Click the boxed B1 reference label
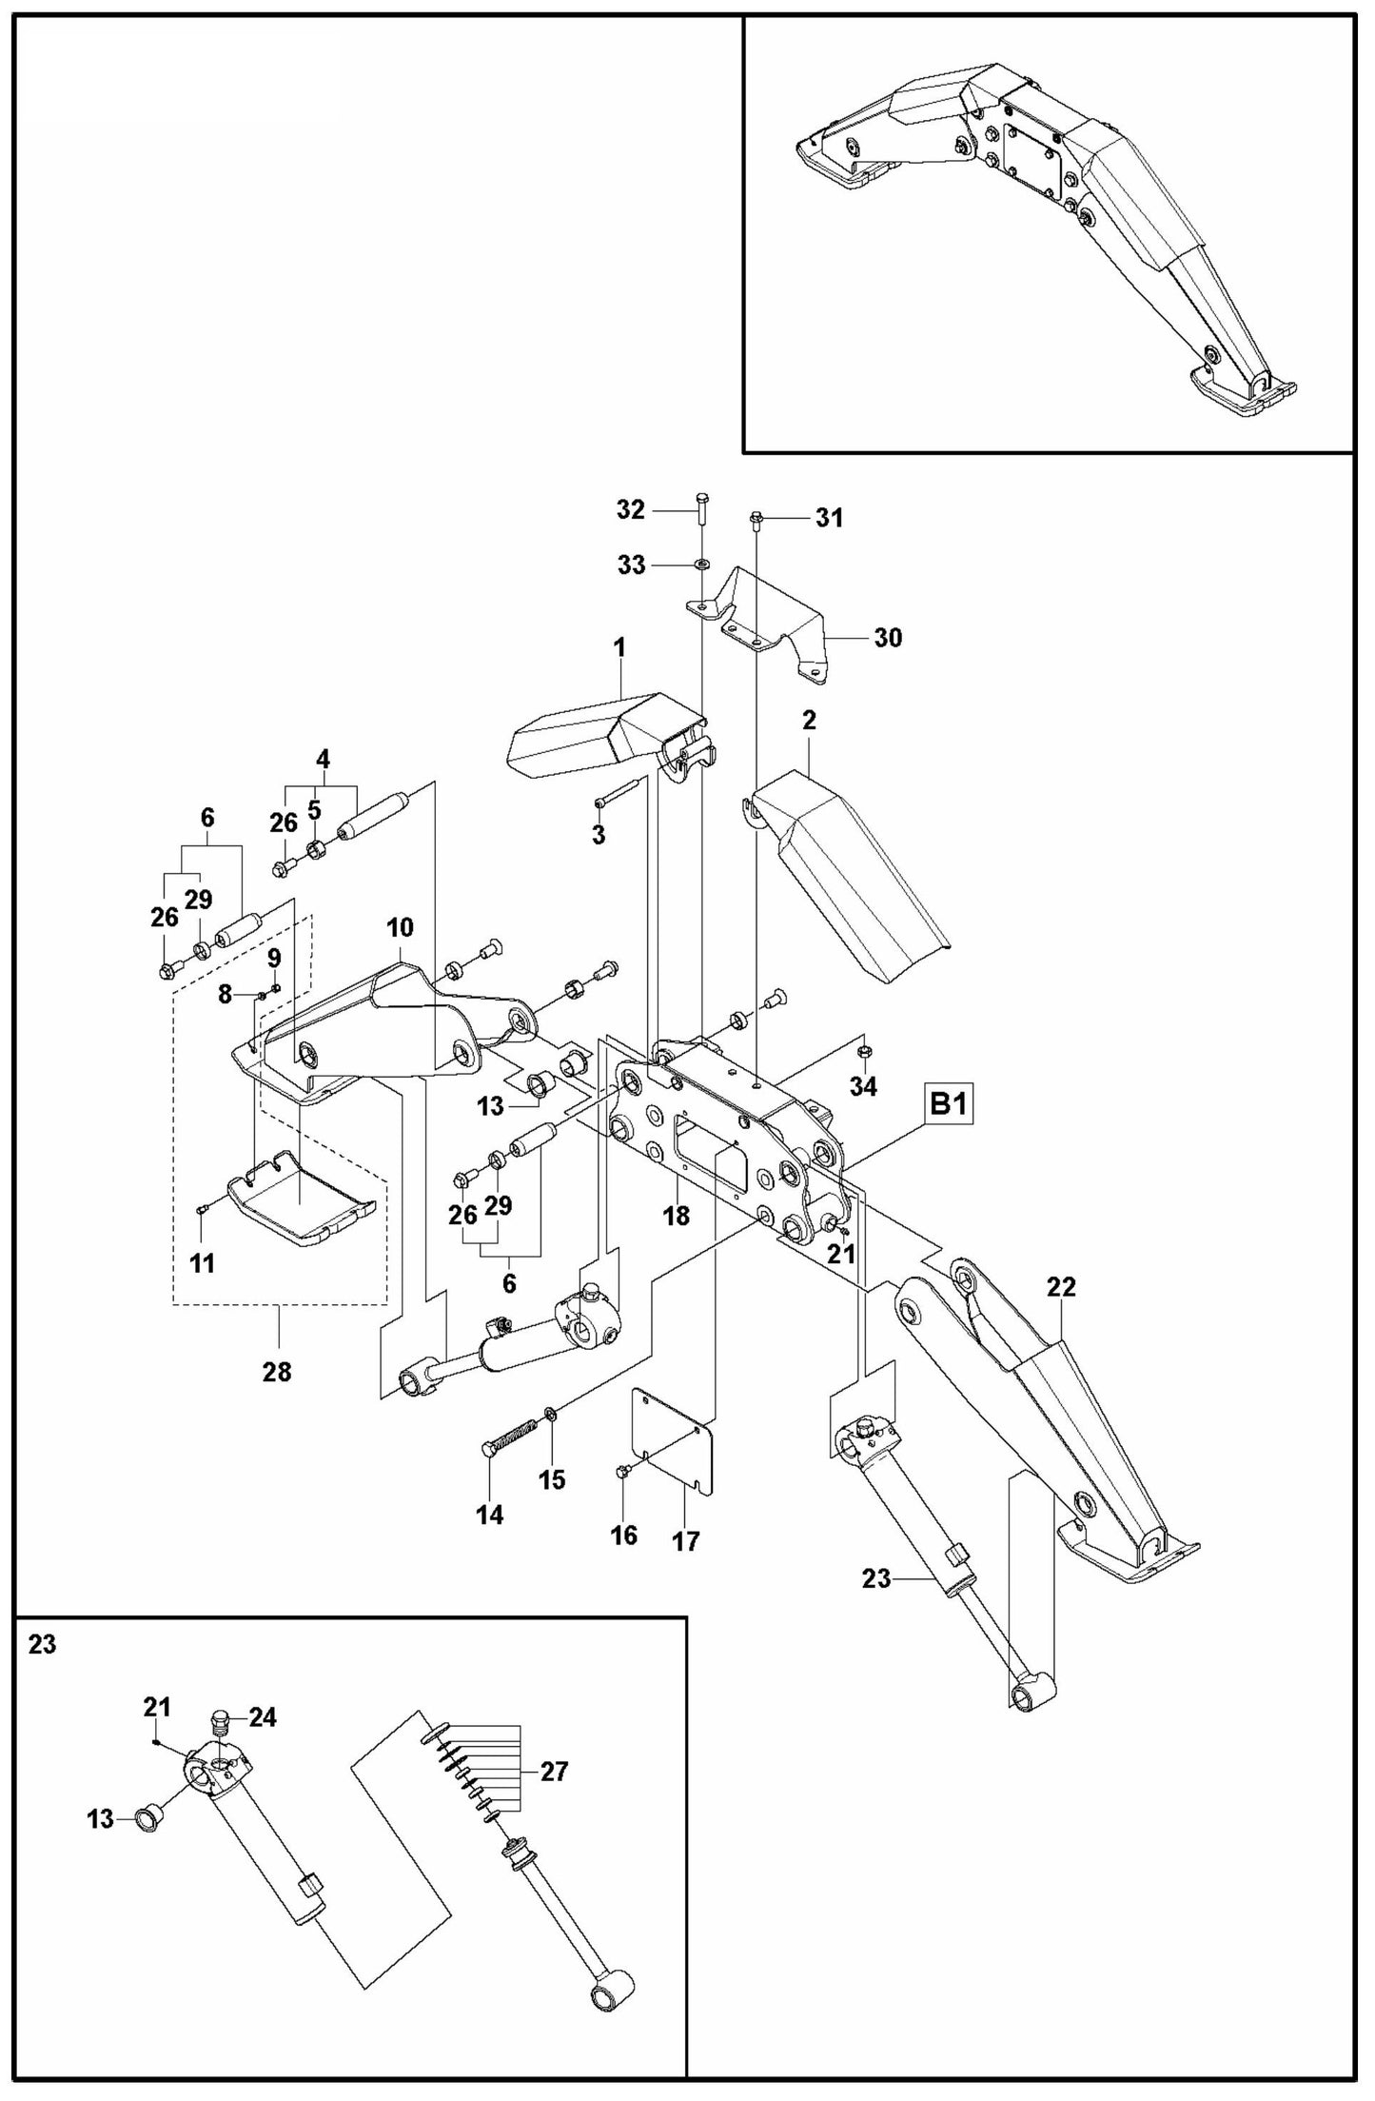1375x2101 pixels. pyautogui.click(x=948, y=1105)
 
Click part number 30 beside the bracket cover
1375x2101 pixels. pyautogui.click(x=887, y=638)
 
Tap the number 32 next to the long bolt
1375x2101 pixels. pyautogui.click(x=630, y=510)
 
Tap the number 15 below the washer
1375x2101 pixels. pyautogui.click(x=552, y=1479)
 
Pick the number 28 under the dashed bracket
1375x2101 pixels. pyautogui.click(x=277, y=1372)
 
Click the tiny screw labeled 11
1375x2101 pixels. pyautogui.click(x=204, y=1209)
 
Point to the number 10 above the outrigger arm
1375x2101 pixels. pyautogui.click(x=400, y=927)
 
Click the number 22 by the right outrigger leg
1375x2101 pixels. pyautogui.click(x=1061, y=1287)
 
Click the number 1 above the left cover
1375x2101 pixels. pyautogui.click(x=619, y=648)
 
